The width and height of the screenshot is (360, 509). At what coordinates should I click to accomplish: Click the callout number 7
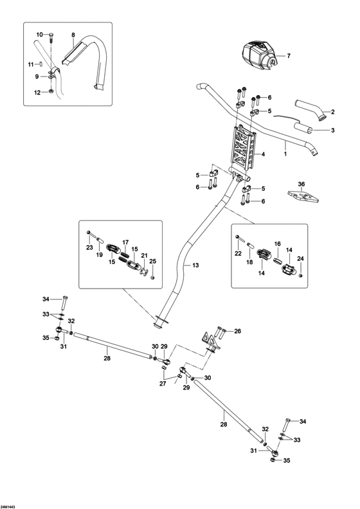pos(289,56)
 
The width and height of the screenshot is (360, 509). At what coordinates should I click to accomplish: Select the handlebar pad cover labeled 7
pos(260,56)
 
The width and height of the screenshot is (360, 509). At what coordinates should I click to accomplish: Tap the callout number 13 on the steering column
pos(195,265)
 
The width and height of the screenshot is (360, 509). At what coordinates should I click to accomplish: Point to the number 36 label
pos(301,184)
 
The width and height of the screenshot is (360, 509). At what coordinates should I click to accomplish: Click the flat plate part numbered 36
pos(303,197)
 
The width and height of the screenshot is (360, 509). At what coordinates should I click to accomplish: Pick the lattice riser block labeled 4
pos(243,148)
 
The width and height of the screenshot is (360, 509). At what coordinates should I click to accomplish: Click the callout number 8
pos(73,35)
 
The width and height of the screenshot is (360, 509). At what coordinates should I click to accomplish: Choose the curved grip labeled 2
pos(310,111)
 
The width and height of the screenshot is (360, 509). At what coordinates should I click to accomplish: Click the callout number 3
pos(333,130)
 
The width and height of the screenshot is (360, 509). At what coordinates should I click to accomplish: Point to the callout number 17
pos(125,242)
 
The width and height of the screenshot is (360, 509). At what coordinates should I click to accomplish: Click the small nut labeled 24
pos(300,275)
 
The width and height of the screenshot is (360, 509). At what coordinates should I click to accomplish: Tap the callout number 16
pos(277,244)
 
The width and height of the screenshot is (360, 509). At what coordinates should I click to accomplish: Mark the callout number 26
pos(238,332)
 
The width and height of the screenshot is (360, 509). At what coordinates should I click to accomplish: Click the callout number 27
pos(163,384)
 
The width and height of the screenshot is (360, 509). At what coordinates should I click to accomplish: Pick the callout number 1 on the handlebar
pos(285,154)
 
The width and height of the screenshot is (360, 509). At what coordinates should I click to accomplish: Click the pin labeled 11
pos(42,64)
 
